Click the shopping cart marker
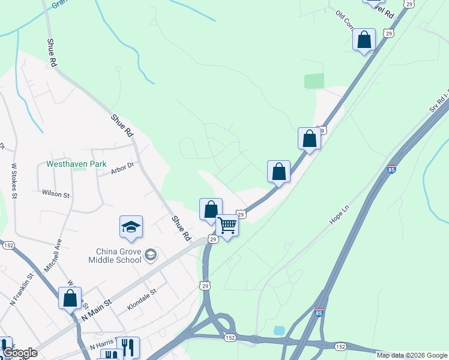pyautogui.click(x=228, y=226)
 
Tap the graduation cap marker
pyautogui.click(x=131, y=227)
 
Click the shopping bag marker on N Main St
pyautogui.click(x=70, y=298)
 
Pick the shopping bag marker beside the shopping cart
pyautogui.click(x=211, y=209)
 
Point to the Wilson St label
pyautogui.click(x=56, y=194)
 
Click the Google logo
pyautogui.click(x=19, y=353)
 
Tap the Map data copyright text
pyautogui.click(x=412, y=355)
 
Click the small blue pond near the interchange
pyautogui.click(x=279, y=331)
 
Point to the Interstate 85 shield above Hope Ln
pyautogui.click(x=392, y=169)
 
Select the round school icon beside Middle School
pyautogui.click(x=150, y=255)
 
